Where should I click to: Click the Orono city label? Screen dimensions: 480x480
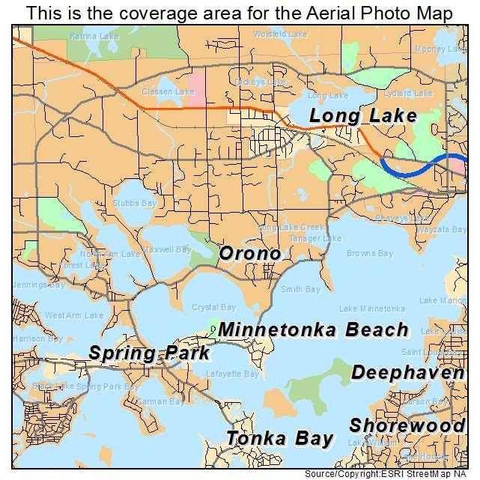(250, 254)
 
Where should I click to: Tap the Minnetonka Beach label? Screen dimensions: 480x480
(314, 329)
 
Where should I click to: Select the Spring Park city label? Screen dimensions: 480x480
(148, 353)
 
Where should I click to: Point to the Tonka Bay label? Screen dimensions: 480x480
(280, 438)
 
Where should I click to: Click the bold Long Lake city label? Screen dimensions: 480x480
(362, 116)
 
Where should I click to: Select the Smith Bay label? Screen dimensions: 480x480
(301, 289)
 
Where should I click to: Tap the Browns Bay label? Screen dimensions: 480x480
(369, 254)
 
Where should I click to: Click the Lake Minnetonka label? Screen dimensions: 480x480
(372, 309)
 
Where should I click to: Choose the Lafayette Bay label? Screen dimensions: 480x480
(237, 374)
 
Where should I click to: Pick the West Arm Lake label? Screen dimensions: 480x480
(73, 315)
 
